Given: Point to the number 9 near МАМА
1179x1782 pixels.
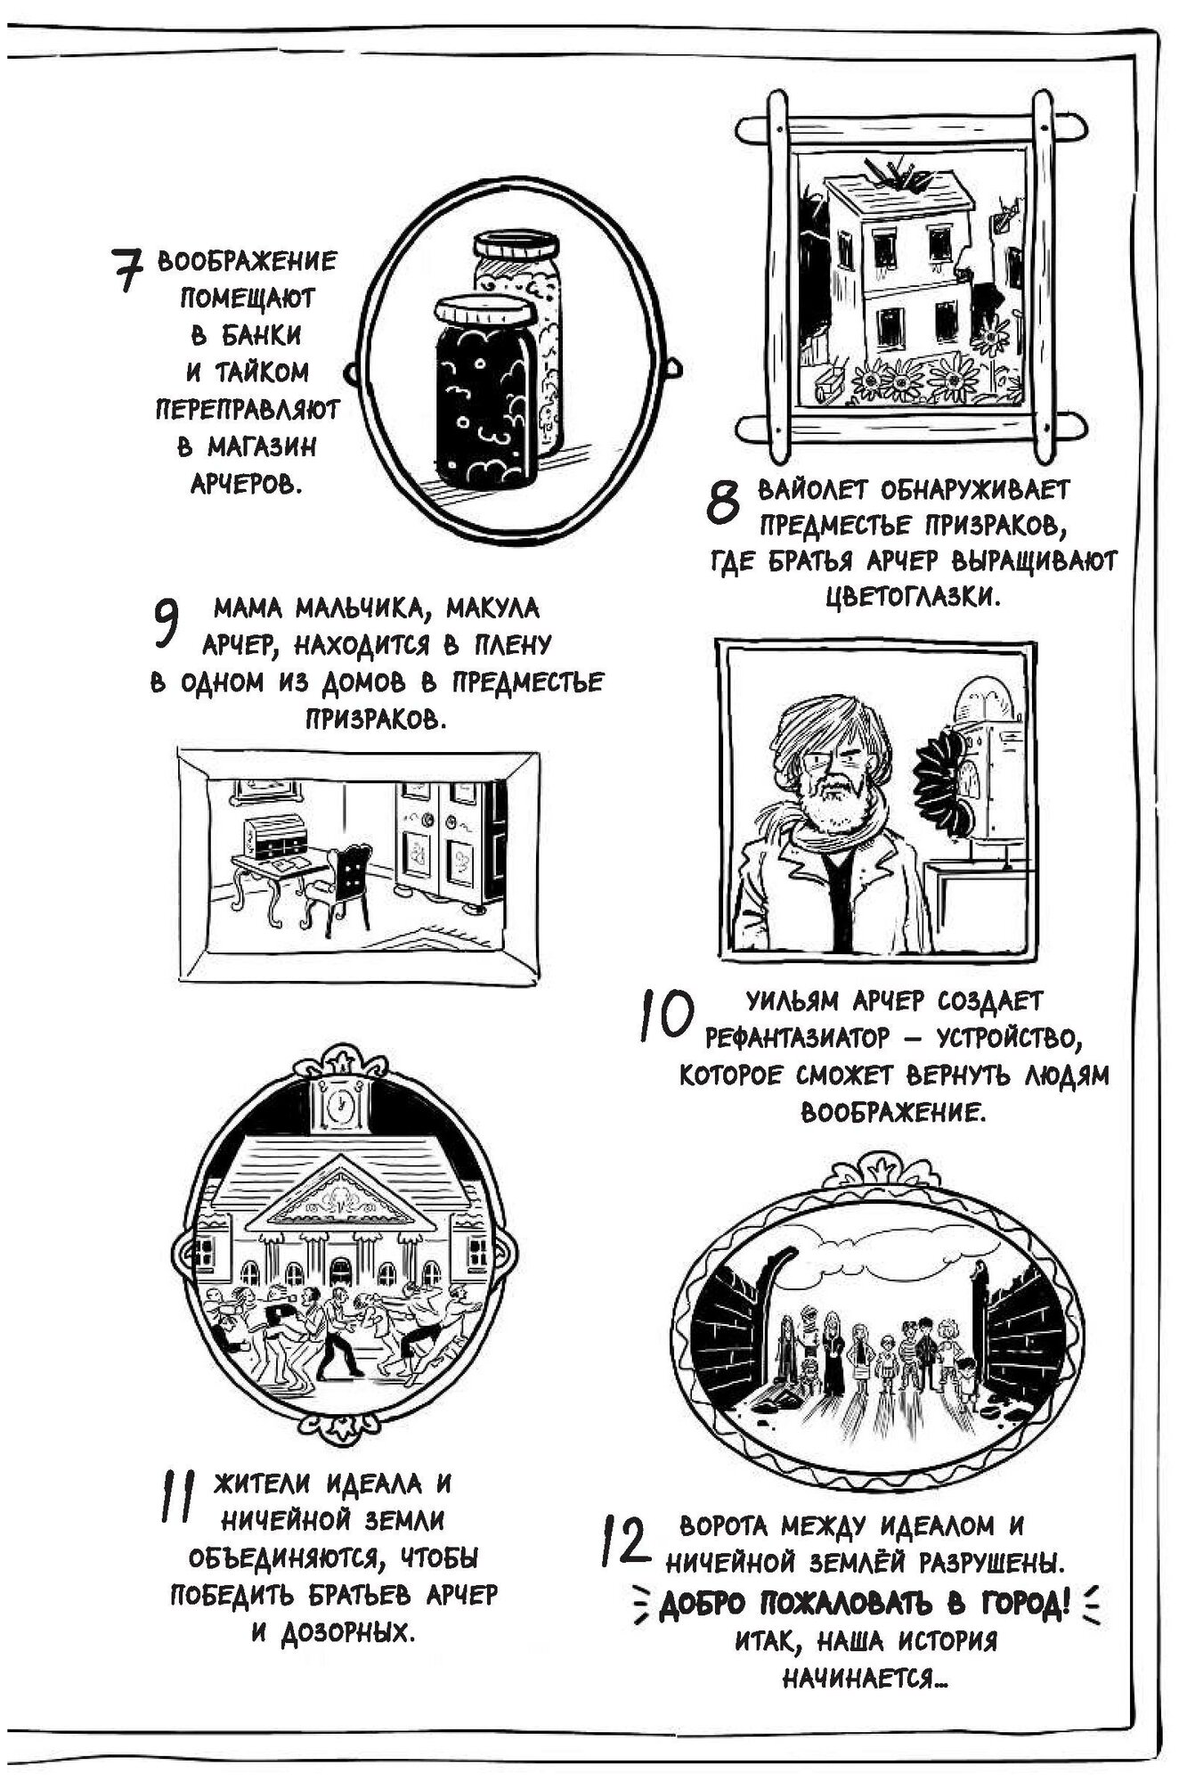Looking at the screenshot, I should (x=167, y=622).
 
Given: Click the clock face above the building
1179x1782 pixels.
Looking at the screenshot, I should (x=338, y=1108).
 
